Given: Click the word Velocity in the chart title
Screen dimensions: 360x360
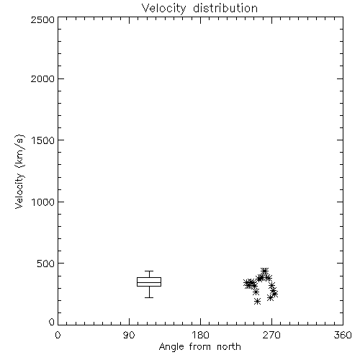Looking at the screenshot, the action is pos(163,9).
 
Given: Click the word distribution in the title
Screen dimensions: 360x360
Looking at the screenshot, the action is pos(225,8).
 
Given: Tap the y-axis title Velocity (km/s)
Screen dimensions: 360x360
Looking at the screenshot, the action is pos(19,172).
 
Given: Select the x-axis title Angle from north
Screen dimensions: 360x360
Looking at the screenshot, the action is pos(199,347).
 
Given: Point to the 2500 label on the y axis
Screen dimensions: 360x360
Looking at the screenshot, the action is pos(42,19).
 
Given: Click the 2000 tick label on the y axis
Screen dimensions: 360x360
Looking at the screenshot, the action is pos(42,78).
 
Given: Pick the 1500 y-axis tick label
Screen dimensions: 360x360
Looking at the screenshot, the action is pos(43,140).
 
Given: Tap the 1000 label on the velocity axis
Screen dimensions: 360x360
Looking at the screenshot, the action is pos(43,202).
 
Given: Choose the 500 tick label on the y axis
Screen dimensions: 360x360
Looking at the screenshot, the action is pos(46,264).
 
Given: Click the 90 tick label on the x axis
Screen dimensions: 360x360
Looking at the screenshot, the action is pos(129,335).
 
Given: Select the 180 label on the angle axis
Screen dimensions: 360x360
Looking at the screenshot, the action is pos(200,335).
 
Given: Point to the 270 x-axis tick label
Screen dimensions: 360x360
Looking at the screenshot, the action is pos(271,335).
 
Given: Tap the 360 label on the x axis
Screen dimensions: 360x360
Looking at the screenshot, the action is pos(343,335).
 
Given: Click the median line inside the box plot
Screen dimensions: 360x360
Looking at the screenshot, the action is pos(149,282).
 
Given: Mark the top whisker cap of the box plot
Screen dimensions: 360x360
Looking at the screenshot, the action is pos(149,271).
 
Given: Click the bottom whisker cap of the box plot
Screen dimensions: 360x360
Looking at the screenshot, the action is pos(149,297).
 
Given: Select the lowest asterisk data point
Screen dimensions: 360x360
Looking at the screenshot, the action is pos(258,302).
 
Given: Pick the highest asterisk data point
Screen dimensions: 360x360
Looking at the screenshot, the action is pos(265,271).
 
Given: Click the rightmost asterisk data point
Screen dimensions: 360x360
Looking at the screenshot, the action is pos(275,294).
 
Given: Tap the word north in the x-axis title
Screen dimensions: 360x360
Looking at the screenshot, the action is pos(229,346).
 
